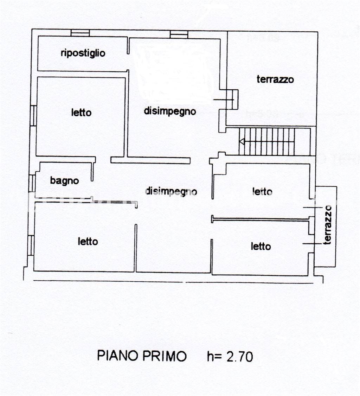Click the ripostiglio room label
click(x=83, y=53)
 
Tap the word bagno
click(x=64, y=181)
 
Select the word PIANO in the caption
click(x=118, y=356)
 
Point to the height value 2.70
click(x=239, y=357)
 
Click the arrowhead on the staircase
click(x=242, y=141)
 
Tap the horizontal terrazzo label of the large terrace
click(x=275, y=79)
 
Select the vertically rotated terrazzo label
click(x=328, y=225)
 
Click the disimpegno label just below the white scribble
click(x=170, y=111)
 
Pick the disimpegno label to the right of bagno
click(x=171, y=191)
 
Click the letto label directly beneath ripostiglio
click(x=81, y=113)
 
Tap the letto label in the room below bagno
click(x=88, y=242)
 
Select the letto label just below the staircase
click(x=262, y=191)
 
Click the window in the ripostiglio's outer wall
click(x=80, y=33)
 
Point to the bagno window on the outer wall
click(x=32, y=183)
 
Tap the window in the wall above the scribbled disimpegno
click(x=179, y=34)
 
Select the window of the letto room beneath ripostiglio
click(x=33, y=116)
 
